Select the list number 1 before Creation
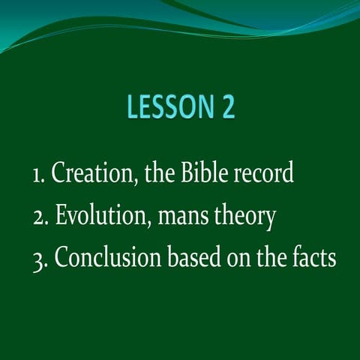[37, 176]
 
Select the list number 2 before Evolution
[38, 218]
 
